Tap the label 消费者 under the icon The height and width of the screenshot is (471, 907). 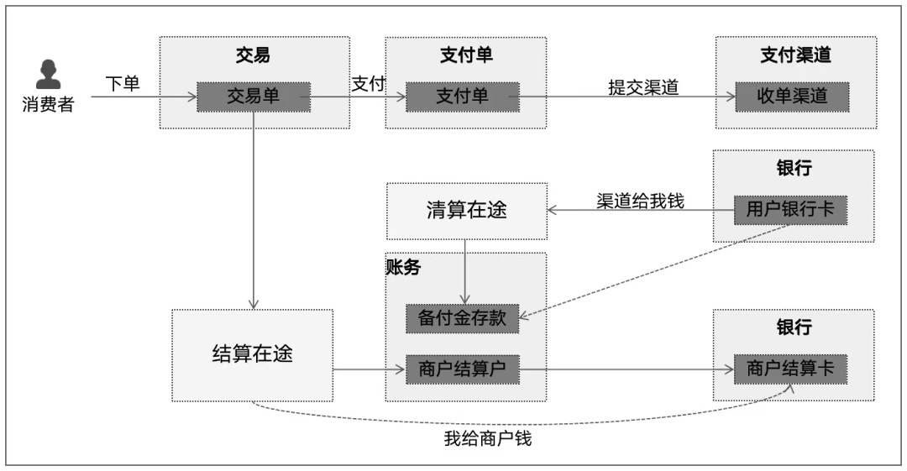coord(48,106)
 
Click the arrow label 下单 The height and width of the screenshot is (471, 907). coord(123,84)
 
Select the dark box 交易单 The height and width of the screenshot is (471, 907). coord(254,97)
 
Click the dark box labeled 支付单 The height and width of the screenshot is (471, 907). coord(462,97)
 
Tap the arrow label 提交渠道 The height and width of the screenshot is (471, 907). coord(643,87)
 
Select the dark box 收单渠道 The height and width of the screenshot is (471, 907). coord(793,97)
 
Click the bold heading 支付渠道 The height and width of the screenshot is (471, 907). coord(794,55)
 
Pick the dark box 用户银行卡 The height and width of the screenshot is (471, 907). coord(791,210)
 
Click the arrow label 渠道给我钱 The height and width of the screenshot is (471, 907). coord(640,201)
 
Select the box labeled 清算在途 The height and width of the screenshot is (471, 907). coord(466,210)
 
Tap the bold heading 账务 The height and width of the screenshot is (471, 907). coord(403,268)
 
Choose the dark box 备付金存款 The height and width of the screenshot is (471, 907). coord(462,318)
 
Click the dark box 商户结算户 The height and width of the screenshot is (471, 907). coord(462,369)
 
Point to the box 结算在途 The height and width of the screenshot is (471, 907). coord(252,353)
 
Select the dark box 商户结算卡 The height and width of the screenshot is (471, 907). coord(791,369)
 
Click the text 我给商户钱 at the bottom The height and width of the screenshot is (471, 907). coord(487,439)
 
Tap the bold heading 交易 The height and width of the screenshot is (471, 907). coord(253,55)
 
